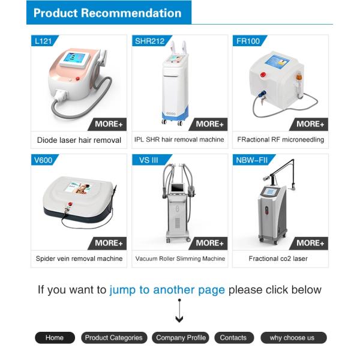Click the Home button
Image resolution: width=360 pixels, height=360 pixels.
click(55, 338)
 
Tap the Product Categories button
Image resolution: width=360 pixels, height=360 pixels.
click(114, 338)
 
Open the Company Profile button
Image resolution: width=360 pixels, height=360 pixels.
click(181, 338)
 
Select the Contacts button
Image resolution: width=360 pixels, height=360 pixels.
click(234, 338)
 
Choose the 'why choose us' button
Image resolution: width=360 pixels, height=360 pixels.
click(293, 338)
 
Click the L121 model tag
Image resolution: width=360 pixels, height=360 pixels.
click(44, 41)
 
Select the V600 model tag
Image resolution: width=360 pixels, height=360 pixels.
click(44, 160)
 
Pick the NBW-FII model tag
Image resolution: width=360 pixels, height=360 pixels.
click(253, 160)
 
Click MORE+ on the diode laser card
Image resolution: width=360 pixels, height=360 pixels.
click(108, 124)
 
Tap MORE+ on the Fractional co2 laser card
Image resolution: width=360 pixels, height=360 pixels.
click(310, 243)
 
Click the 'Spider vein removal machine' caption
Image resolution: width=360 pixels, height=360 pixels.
click(79, 259)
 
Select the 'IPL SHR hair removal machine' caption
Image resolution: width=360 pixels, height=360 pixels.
click(179, 140)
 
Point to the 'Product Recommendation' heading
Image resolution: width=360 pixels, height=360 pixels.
click(107, 13)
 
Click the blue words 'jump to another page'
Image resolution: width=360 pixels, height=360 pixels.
click(167, 290)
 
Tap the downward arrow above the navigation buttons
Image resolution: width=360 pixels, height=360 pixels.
click(179, 311)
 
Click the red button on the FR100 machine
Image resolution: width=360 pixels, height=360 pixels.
click(263, 74)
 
